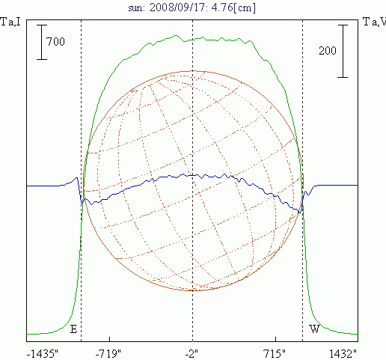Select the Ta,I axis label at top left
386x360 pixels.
click(10, 22)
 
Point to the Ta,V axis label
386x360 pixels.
click(374, 22)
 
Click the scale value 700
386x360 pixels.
click(55, 42)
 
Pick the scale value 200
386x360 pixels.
click(328, 51)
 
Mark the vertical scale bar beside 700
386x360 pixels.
click(42, 42)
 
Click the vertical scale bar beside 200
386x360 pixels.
click(343, 51)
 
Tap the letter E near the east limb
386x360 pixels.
click(73, 329)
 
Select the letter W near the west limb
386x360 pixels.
click(314, 329)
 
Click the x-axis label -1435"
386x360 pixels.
click(43, 354)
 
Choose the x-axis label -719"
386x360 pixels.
click(108, 354)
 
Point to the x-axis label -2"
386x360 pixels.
click(192, 354)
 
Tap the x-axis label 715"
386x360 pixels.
click(275, 354)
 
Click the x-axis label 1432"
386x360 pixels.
click(343, 354)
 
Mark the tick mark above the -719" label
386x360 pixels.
click(110, 339)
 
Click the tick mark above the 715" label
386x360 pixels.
click(275, 339)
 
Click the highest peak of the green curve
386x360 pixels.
click(176, 35)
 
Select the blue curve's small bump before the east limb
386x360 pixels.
click(76, 178)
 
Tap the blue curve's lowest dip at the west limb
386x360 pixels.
click(300, 213)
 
